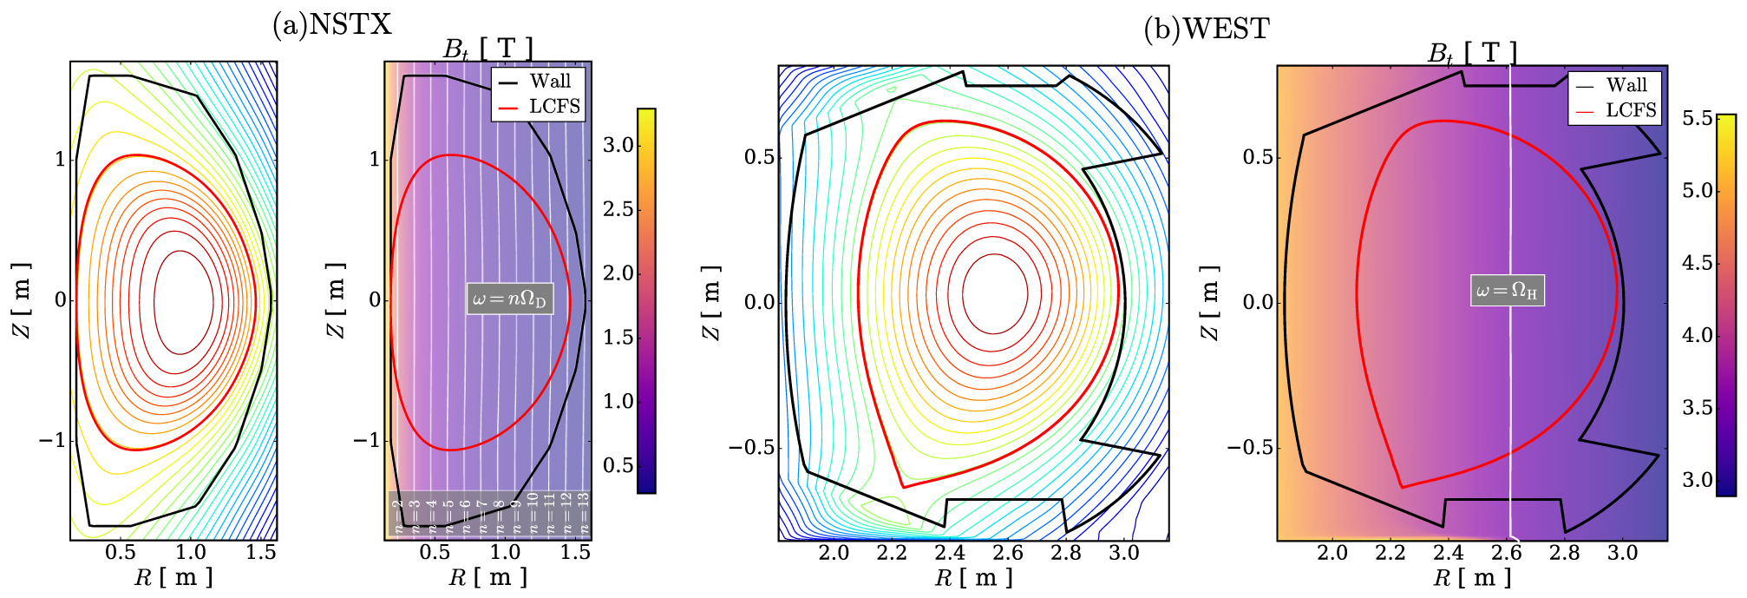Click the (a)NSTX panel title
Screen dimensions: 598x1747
332,24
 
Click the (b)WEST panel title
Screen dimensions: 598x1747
1206,29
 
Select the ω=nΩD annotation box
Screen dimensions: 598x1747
510,299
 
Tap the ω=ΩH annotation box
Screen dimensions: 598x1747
1508,291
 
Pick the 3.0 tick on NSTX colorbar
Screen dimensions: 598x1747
618,145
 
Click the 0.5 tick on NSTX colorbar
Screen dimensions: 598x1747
618,465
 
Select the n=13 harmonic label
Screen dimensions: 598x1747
584,513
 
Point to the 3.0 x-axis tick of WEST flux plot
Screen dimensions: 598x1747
1124,553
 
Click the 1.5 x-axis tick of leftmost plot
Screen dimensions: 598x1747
261,552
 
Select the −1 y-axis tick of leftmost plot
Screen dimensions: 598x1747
52,440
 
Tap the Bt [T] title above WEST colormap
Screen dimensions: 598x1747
1472,53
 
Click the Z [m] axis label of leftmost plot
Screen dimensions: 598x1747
21,299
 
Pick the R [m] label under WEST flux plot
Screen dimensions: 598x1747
973,578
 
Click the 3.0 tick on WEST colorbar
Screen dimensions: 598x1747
1698,480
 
